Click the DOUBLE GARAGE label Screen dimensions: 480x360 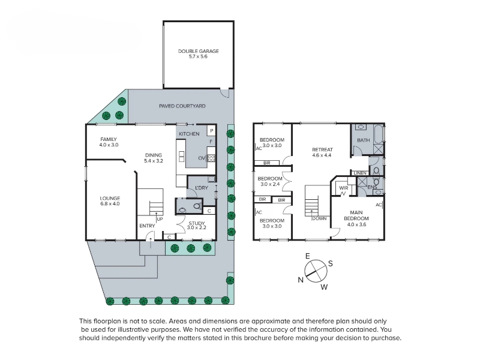pyautogui.click(x=199, y=51)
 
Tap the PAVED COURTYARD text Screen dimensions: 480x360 pyautogui.click(x=182, y=106)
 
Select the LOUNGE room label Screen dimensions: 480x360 pyautogui.click(x=110, y=198)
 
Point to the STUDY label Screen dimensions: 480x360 pyautogui.click(x=197, y=223)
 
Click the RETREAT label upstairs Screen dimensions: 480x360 pyautogui.click(x=322, y=149)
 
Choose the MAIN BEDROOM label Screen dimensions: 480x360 pyautogui.click(x=356, y=215)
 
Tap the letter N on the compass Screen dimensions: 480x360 pyautogui.click(x=301, y=280)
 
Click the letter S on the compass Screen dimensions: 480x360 pyautogui.click(x=331, y=263)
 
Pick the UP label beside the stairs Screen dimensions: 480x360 pyautogui.click(x=160, y=219)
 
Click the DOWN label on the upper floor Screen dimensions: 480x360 pyautogui.click(x=319, y=218)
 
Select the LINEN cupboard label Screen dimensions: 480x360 pyautogui.click(x=360, y=173)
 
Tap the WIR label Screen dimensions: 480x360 pyautogui.click(x=344, y=188)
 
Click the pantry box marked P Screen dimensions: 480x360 pyautogui.click(x=212, y=131)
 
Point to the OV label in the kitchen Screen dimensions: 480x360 pyautogui.click(x=202, y=158)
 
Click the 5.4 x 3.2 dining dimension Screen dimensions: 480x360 pyautogui.click(x=154, y=161)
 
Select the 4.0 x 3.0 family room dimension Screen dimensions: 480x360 pyautogui.click(x=109, y=145)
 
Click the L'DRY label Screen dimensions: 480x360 pyautogui.click(x=202, y=188)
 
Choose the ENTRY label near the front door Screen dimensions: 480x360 pyautogui.click(x=147, y=226)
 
